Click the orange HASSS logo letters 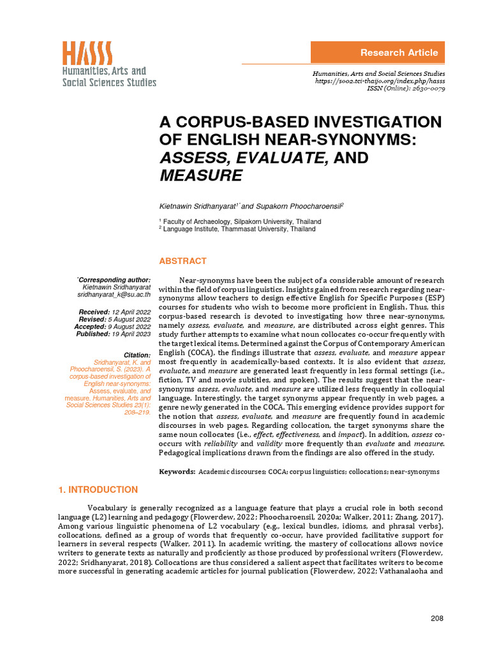[x=87, y=52]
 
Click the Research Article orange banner [x=377, y=52]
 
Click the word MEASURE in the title [x=200, y=175]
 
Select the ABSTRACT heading [x=182, y=261]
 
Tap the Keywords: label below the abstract [x=177, y=471]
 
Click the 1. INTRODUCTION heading [x=98, y=490]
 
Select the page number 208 [x=436, y=618]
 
